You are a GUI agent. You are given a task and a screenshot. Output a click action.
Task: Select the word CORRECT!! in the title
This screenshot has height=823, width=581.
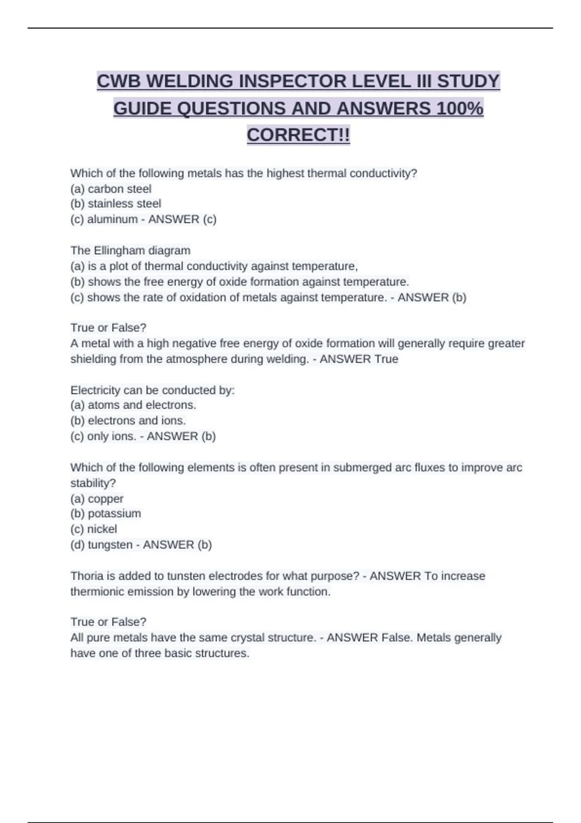coord(298,135)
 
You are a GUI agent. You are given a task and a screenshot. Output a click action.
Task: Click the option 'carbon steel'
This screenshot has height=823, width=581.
coord(119,189)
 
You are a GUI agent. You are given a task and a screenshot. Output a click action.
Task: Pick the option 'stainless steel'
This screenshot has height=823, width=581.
coord(124,204)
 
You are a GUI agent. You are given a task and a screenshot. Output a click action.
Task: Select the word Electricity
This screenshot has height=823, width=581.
coord(95,390)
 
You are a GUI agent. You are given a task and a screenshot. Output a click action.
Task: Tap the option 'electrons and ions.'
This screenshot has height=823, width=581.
coord(137,421)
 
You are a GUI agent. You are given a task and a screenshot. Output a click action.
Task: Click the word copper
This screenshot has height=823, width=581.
coord(106,499)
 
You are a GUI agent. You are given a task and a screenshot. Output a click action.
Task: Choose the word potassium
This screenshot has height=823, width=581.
coord(114,514)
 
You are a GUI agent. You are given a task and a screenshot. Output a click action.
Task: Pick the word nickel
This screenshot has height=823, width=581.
coord(102,529)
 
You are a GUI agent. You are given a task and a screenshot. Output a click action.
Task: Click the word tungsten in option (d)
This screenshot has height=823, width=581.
coord(110,545)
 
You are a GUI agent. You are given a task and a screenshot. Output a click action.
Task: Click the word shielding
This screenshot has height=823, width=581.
coord(92,359)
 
